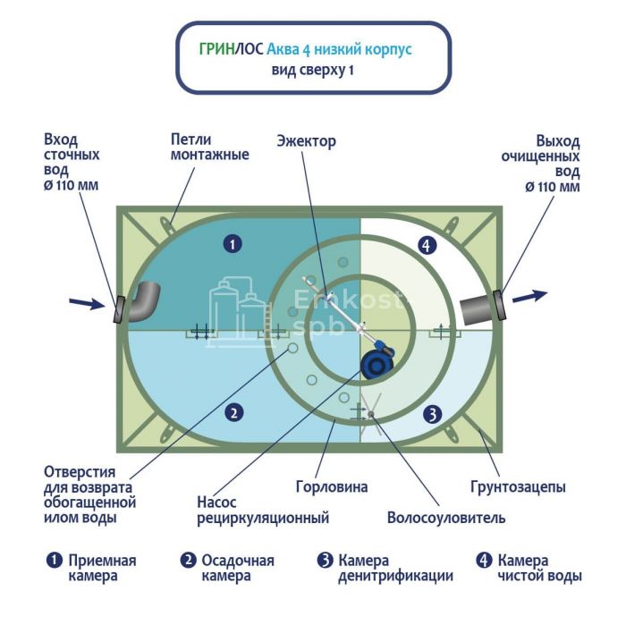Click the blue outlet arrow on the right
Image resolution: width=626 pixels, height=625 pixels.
click(529, 296)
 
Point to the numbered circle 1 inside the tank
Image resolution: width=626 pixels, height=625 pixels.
click(232, 243)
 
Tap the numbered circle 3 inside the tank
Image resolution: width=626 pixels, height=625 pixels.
click(431, 414)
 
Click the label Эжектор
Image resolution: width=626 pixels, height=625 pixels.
click(306, 141)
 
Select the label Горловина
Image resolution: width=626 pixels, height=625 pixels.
click(333, 487)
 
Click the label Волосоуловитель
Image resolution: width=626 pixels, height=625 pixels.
click(446, 518)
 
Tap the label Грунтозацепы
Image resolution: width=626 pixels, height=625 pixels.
click(518, 487)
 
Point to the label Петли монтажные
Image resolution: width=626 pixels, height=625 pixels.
click(210, 148)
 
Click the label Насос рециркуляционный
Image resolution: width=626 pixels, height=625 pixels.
click(263, 510)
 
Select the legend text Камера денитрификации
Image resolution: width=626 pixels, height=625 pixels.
click(394, 569)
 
